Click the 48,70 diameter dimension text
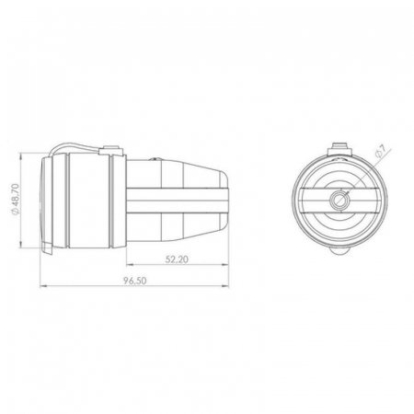click(x=16, y=200)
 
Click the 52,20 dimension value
click(x=177, y=259)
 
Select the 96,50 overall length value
click(x=135, y=281)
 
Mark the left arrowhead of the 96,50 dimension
click(x=43, y=286)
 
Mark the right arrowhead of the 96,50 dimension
click(x=225, y=286)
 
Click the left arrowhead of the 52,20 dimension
click(x=130, y=265)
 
